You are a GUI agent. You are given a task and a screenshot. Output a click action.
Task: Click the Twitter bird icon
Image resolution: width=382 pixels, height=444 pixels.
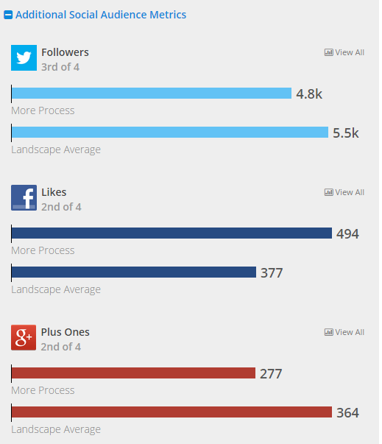click(24, 58)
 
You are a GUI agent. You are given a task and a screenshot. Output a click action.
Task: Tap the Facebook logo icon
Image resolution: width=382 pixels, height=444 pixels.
click(24, 198)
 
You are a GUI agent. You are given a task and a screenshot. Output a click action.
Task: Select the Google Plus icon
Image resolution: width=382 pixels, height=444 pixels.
click(24, 338)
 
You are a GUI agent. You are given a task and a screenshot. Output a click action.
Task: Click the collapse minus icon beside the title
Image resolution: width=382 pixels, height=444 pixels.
click(8, 15)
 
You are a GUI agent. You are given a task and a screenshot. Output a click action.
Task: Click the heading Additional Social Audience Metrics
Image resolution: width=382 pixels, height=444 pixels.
click(101, 15)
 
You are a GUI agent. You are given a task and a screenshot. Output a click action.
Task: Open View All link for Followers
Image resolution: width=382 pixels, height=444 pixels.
click(344, 52)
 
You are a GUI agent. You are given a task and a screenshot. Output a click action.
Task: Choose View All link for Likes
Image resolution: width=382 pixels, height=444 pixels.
click(344, 192)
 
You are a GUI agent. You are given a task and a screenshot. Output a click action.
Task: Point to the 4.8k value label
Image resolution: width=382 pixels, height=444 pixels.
click(309, 94)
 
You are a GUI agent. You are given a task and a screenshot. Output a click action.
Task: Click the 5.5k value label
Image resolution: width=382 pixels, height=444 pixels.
click(345, 133)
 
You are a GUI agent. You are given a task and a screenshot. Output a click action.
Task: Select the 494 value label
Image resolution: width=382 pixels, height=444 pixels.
click(347, 234)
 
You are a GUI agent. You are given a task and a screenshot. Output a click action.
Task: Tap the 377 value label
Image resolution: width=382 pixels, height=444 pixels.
click(271, 273)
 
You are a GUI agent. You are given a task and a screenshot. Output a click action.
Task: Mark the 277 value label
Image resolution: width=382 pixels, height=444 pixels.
click(270, 373)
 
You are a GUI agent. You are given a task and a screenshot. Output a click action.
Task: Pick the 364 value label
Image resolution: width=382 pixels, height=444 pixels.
click(347, 413)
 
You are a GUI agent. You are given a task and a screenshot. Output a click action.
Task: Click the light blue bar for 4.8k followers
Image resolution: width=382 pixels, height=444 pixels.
click(152, 94)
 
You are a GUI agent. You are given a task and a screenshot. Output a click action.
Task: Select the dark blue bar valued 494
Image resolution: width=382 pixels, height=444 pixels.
click(171, 233)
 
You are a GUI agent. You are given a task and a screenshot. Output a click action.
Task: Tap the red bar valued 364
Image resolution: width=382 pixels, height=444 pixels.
click(171, 412)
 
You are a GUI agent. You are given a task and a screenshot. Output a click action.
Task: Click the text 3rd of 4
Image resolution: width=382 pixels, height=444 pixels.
click(60, 67)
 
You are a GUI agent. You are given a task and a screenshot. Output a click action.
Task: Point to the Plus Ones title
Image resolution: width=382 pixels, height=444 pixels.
click(66, 332)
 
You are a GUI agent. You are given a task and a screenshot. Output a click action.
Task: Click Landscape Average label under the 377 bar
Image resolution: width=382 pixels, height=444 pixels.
click(56, 289)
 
